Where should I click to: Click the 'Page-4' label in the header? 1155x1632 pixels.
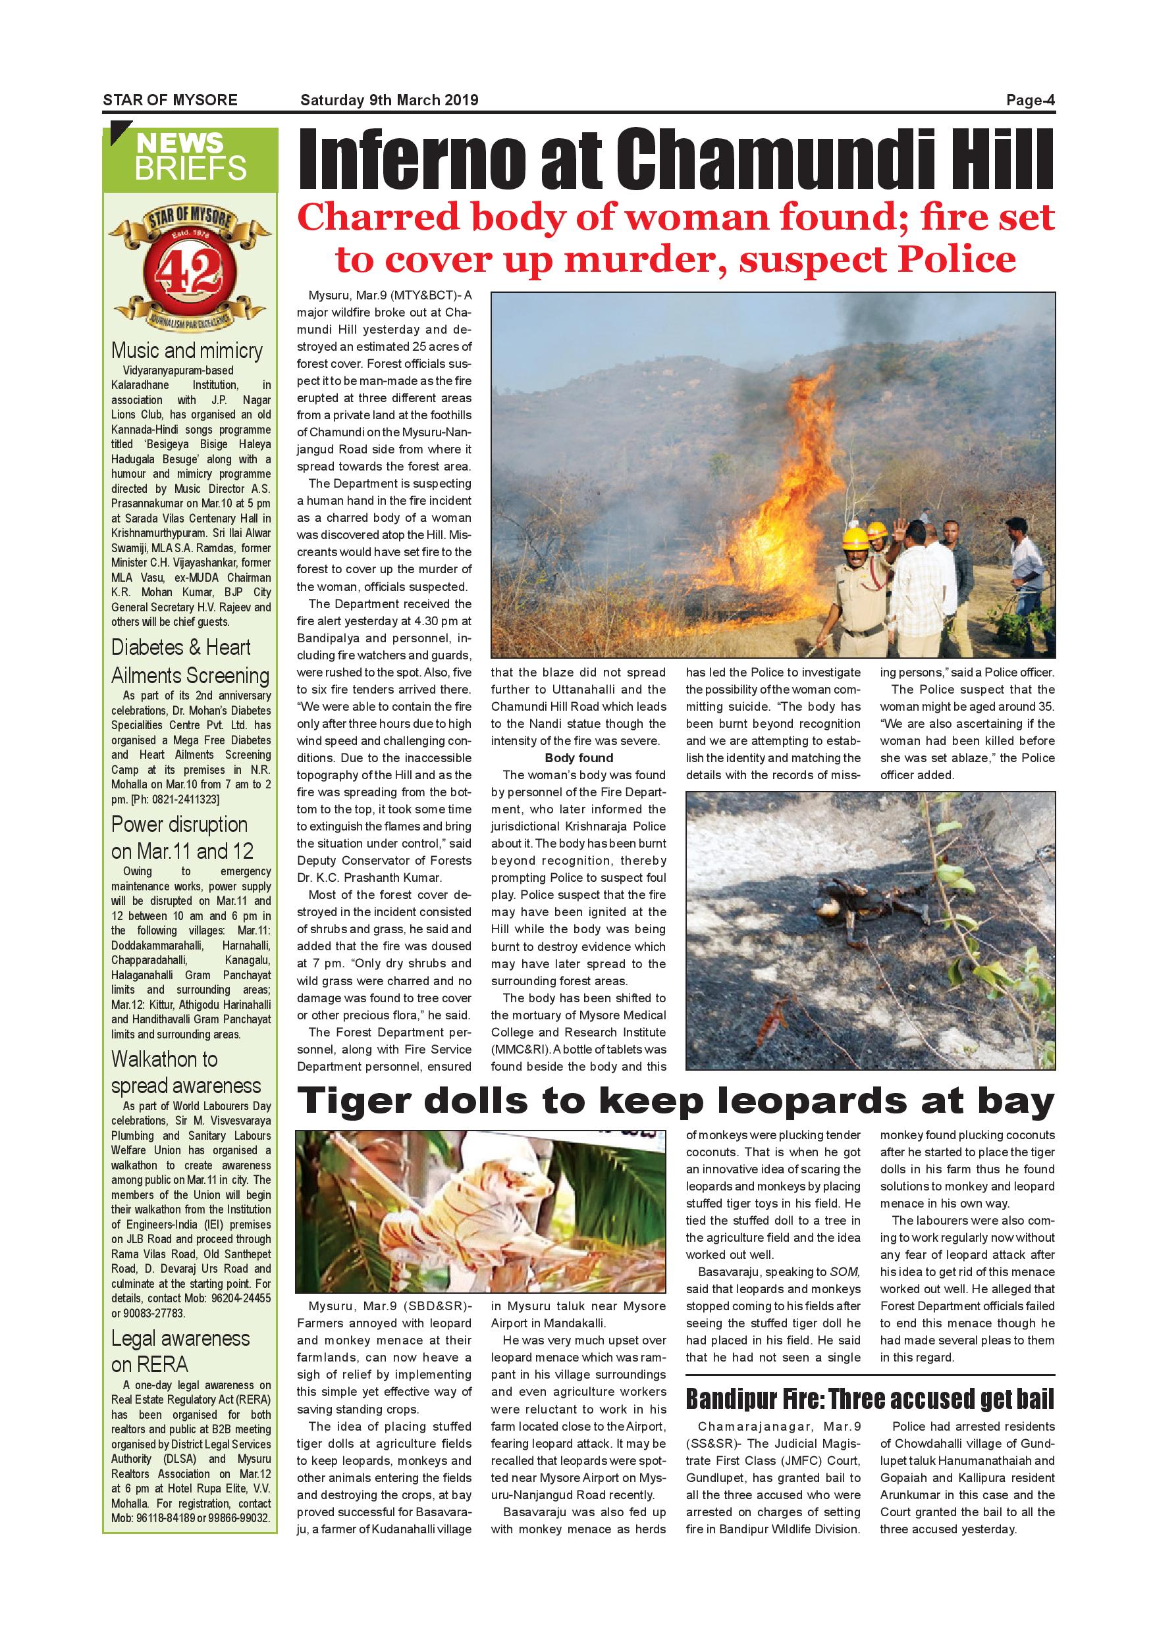click(x=1029, y=100)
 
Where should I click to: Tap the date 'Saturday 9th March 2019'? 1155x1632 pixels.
click(x=389, y=100)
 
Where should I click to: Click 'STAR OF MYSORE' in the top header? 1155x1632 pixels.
click(x=170, y=100)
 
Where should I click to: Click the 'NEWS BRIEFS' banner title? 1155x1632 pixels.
click(x=190, y=157)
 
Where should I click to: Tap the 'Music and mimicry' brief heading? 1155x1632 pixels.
click(x=187, y=351)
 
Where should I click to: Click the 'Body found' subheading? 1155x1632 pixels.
click(x=578, y=757)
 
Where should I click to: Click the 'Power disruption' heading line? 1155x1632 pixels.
click(x=179, y=825)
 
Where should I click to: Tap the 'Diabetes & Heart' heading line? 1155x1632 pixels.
click(x=180, y=648)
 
